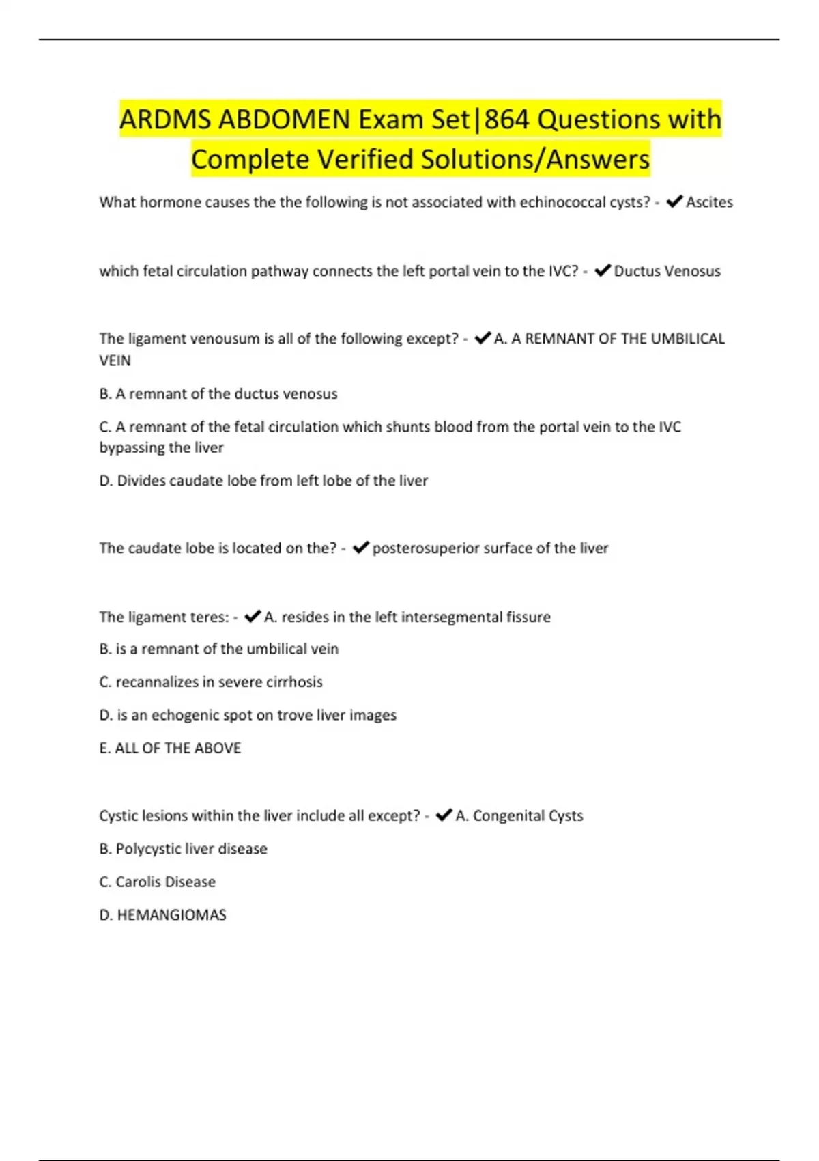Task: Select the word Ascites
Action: [709, 202]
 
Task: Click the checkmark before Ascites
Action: [674, 201]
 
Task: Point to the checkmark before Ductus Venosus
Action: [603, 270]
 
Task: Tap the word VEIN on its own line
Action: [115, 361]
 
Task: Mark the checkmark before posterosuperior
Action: [361, 548]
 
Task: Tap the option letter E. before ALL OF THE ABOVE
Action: [104, 749]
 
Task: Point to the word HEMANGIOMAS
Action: [171, 915]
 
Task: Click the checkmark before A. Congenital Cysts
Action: [444, 815]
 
